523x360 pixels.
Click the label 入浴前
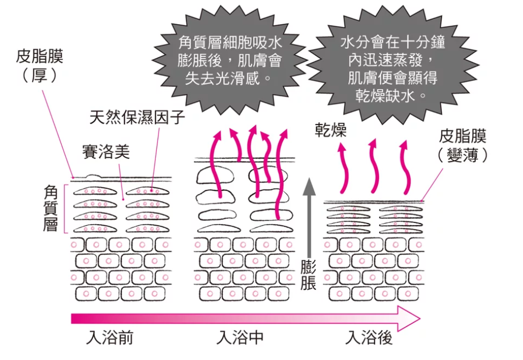(x=110, y=338)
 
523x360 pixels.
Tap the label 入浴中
(x=239, y=338)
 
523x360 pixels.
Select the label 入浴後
(x=369, y=338)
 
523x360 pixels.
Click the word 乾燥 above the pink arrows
(x=330, y=131)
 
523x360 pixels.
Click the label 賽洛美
(x=105, y=151)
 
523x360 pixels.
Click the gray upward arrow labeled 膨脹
(x=308, y=214)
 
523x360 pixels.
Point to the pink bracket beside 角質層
(x=65, y=209)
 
